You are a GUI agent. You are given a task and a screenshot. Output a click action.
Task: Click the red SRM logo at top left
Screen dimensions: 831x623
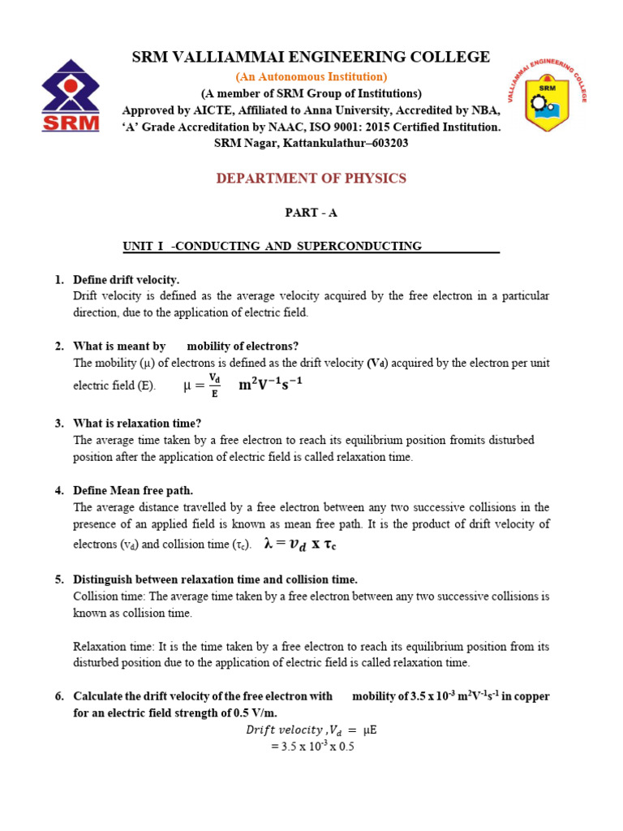click(x=71, y=96)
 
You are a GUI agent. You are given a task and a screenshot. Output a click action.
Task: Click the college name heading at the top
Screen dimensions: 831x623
click(x=311, y=57)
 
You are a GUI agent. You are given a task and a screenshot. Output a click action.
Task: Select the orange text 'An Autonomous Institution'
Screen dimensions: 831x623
click(x=311, y=76)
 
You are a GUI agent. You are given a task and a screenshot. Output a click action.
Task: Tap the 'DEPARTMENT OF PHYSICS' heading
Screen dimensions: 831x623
click(x=311, y=179)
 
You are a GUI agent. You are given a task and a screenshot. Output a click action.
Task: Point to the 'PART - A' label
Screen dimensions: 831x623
click(x=311, y=213)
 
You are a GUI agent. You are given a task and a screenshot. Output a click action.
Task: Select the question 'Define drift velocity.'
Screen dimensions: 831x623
click(x=126, y=279)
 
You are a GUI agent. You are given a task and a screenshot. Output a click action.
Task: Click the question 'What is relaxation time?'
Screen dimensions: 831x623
click(x=137, y=423)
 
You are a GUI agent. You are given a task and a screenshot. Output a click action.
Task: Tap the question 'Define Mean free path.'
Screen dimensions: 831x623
click(x=133, y=490)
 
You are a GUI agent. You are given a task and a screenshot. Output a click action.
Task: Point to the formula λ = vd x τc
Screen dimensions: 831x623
click(x=300, y=545)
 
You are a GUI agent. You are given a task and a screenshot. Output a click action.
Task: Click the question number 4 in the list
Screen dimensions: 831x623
click(x=59, y=490)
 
